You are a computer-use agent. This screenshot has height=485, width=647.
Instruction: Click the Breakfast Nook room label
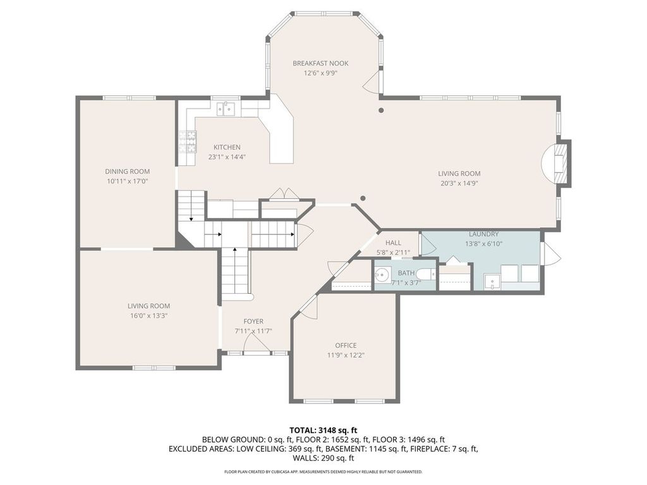point(320,63)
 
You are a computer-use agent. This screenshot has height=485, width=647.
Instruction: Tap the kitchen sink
point(226,109)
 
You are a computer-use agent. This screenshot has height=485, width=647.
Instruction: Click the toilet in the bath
point(425,273)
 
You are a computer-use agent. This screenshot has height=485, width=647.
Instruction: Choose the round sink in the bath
point(383,274)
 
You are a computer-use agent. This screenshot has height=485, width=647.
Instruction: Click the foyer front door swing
point(257,343)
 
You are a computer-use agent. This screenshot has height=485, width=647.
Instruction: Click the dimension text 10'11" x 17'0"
point(128,181)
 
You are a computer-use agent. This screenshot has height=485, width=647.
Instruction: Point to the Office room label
point(346,345)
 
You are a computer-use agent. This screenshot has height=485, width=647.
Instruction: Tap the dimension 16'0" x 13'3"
point(148,316)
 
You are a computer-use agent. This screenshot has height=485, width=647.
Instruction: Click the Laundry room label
point(483,234)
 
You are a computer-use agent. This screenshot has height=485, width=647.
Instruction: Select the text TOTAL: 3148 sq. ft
point(323,431)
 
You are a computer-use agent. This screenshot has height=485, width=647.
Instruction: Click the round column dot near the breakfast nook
point(381,110)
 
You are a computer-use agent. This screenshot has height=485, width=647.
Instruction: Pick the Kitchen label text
point(227,147)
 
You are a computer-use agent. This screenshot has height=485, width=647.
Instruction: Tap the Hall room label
point(393,243)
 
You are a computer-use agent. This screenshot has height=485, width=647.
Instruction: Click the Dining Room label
point(128,171)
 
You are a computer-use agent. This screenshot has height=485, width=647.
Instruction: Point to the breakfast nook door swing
point(372,81)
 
